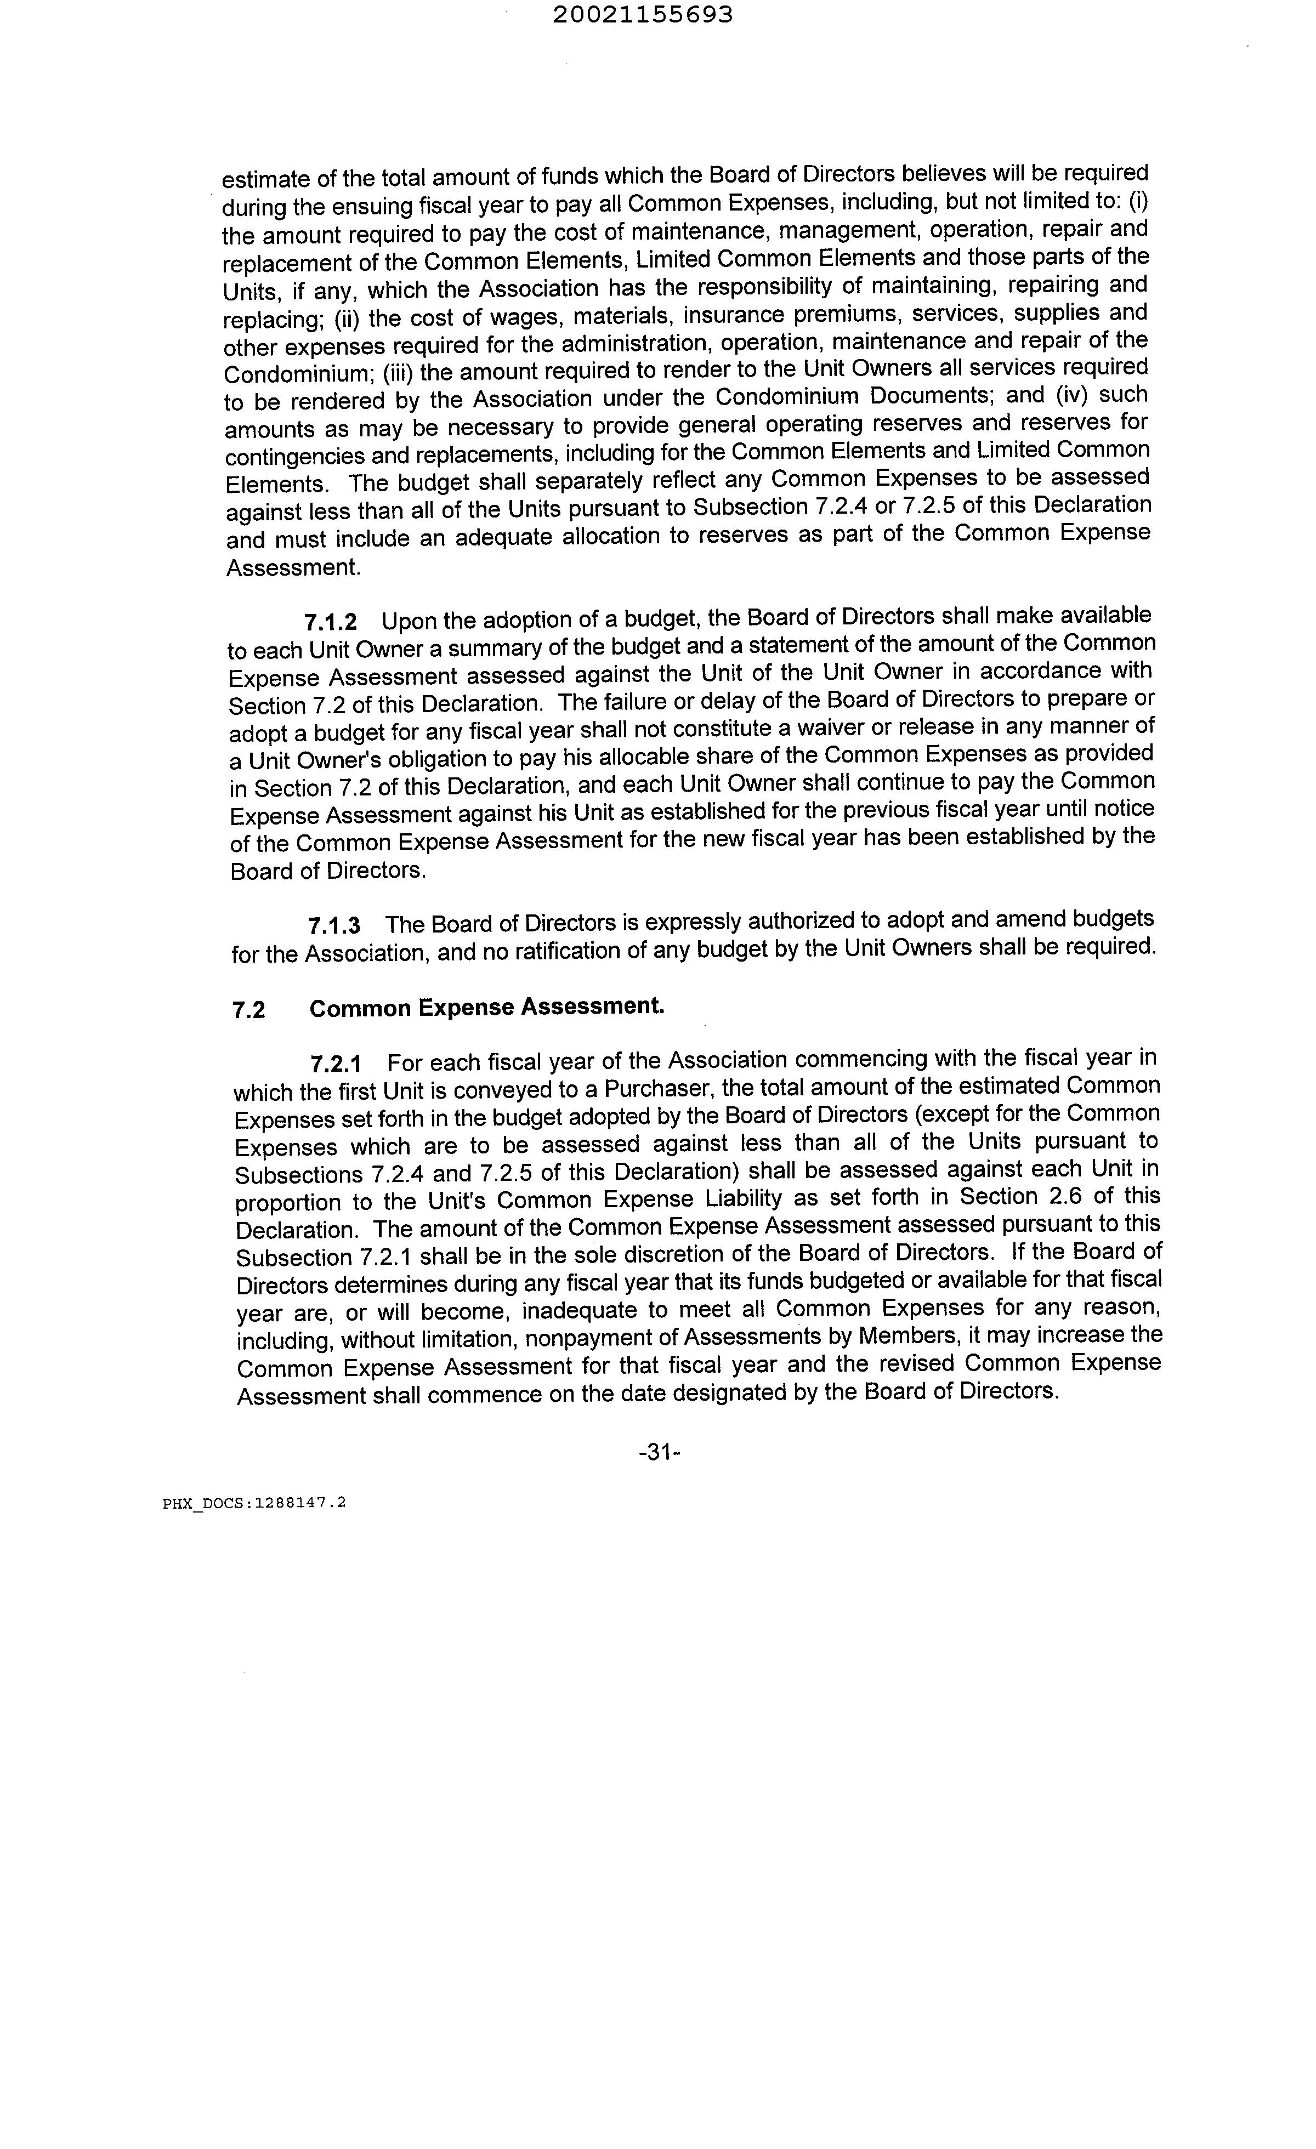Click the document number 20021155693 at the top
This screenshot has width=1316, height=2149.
coord(643,15)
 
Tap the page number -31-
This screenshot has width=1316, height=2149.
coord(659,1452)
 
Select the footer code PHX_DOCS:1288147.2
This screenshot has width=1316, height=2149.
coord(254,1503)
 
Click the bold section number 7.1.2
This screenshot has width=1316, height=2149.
coord(331,622)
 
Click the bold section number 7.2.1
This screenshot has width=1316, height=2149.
coord(336,1064)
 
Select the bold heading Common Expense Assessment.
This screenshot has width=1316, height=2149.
coord(486,1008)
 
